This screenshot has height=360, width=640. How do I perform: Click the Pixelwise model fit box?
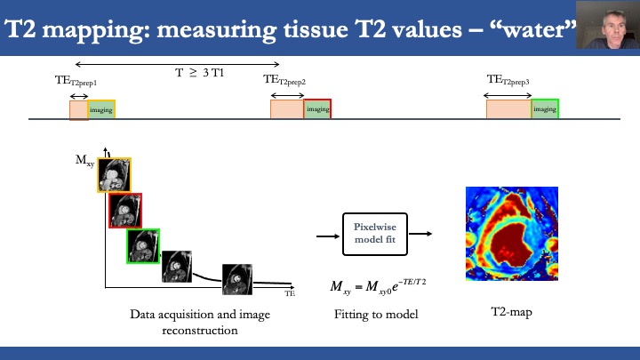coord(367,235)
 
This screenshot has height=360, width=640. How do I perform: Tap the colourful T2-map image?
coord(512,234)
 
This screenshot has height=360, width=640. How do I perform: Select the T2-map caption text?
coord(511,313)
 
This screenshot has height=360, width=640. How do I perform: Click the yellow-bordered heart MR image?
coord(114,175)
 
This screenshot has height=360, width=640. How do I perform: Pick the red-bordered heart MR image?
coord(124,210)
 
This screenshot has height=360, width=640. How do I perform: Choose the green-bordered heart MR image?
coord(142,245)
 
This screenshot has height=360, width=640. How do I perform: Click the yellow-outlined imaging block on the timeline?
coord(101,109)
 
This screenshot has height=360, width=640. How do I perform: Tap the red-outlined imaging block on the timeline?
coord(317,109)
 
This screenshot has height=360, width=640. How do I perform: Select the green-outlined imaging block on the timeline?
coord(545,109)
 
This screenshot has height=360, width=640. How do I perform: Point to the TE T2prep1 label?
coord(75,81)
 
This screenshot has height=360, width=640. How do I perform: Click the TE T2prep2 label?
coord(284,80)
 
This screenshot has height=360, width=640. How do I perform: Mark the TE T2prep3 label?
coord(508,80)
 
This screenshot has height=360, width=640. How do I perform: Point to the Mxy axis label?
coord(84,161)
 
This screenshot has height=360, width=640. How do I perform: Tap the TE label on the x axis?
coord(290,292)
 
